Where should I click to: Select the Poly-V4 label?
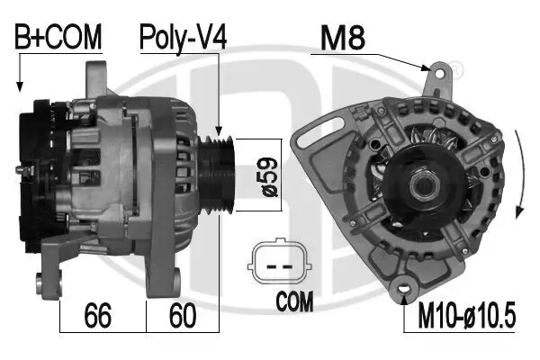pyautogui.click(x=183, y=37)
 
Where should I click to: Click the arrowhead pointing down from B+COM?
pyautogui.click(x=19, y=86)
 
